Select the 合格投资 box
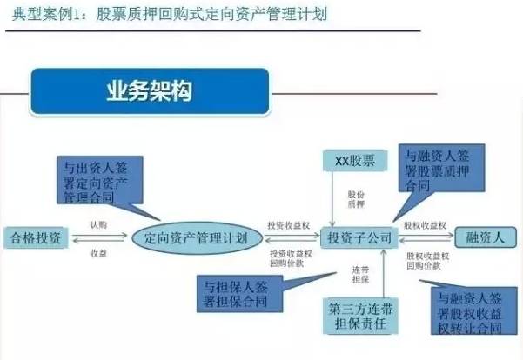37,237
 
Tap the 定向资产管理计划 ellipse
196,237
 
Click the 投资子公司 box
358,237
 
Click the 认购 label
98,224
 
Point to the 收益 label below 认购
98,252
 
